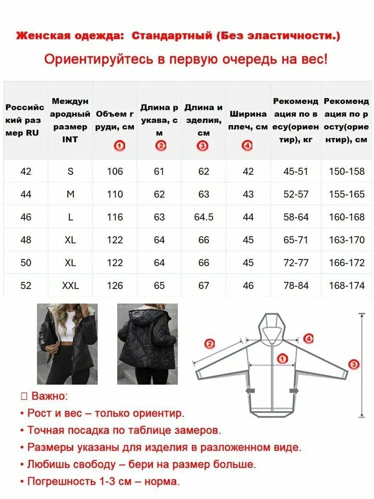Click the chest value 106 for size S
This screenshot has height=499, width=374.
115,171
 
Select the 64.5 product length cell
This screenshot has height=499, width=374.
203,217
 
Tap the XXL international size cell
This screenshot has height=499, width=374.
70,285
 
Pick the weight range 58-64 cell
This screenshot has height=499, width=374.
296,217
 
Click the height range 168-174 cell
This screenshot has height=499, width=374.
347,285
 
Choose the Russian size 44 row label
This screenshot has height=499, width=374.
26,194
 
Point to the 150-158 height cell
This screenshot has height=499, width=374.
347,171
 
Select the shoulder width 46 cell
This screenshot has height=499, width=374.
248,285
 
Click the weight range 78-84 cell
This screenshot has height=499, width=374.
296,285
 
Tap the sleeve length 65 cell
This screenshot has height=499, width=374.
159,285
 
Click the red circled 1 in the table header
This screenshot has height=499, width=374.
120,146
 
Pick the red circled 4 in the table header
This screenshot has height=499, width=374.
247,146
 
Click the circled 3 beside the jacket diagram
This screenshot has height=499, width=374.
354,364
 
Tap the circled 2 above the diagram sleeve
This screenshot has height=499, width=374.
209,344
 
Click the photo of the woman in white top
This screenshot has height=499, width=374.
67,344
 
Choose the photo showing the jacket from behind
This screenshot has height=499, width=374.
148,344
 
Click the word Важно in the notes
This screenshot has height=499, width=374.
49,396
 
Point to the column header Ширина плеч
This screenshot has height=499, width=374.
248,120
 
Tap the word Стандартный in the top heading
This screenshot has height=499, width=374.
172,35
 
